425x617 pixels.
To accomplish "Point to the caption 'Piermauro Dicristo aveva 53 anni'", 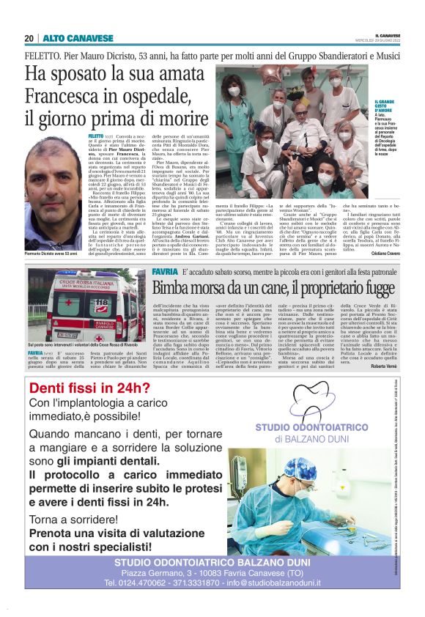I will [x=51, y=254].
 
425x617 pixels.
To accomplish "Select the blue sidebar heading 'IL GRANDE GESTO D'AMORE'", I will [x=387, y=109].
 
